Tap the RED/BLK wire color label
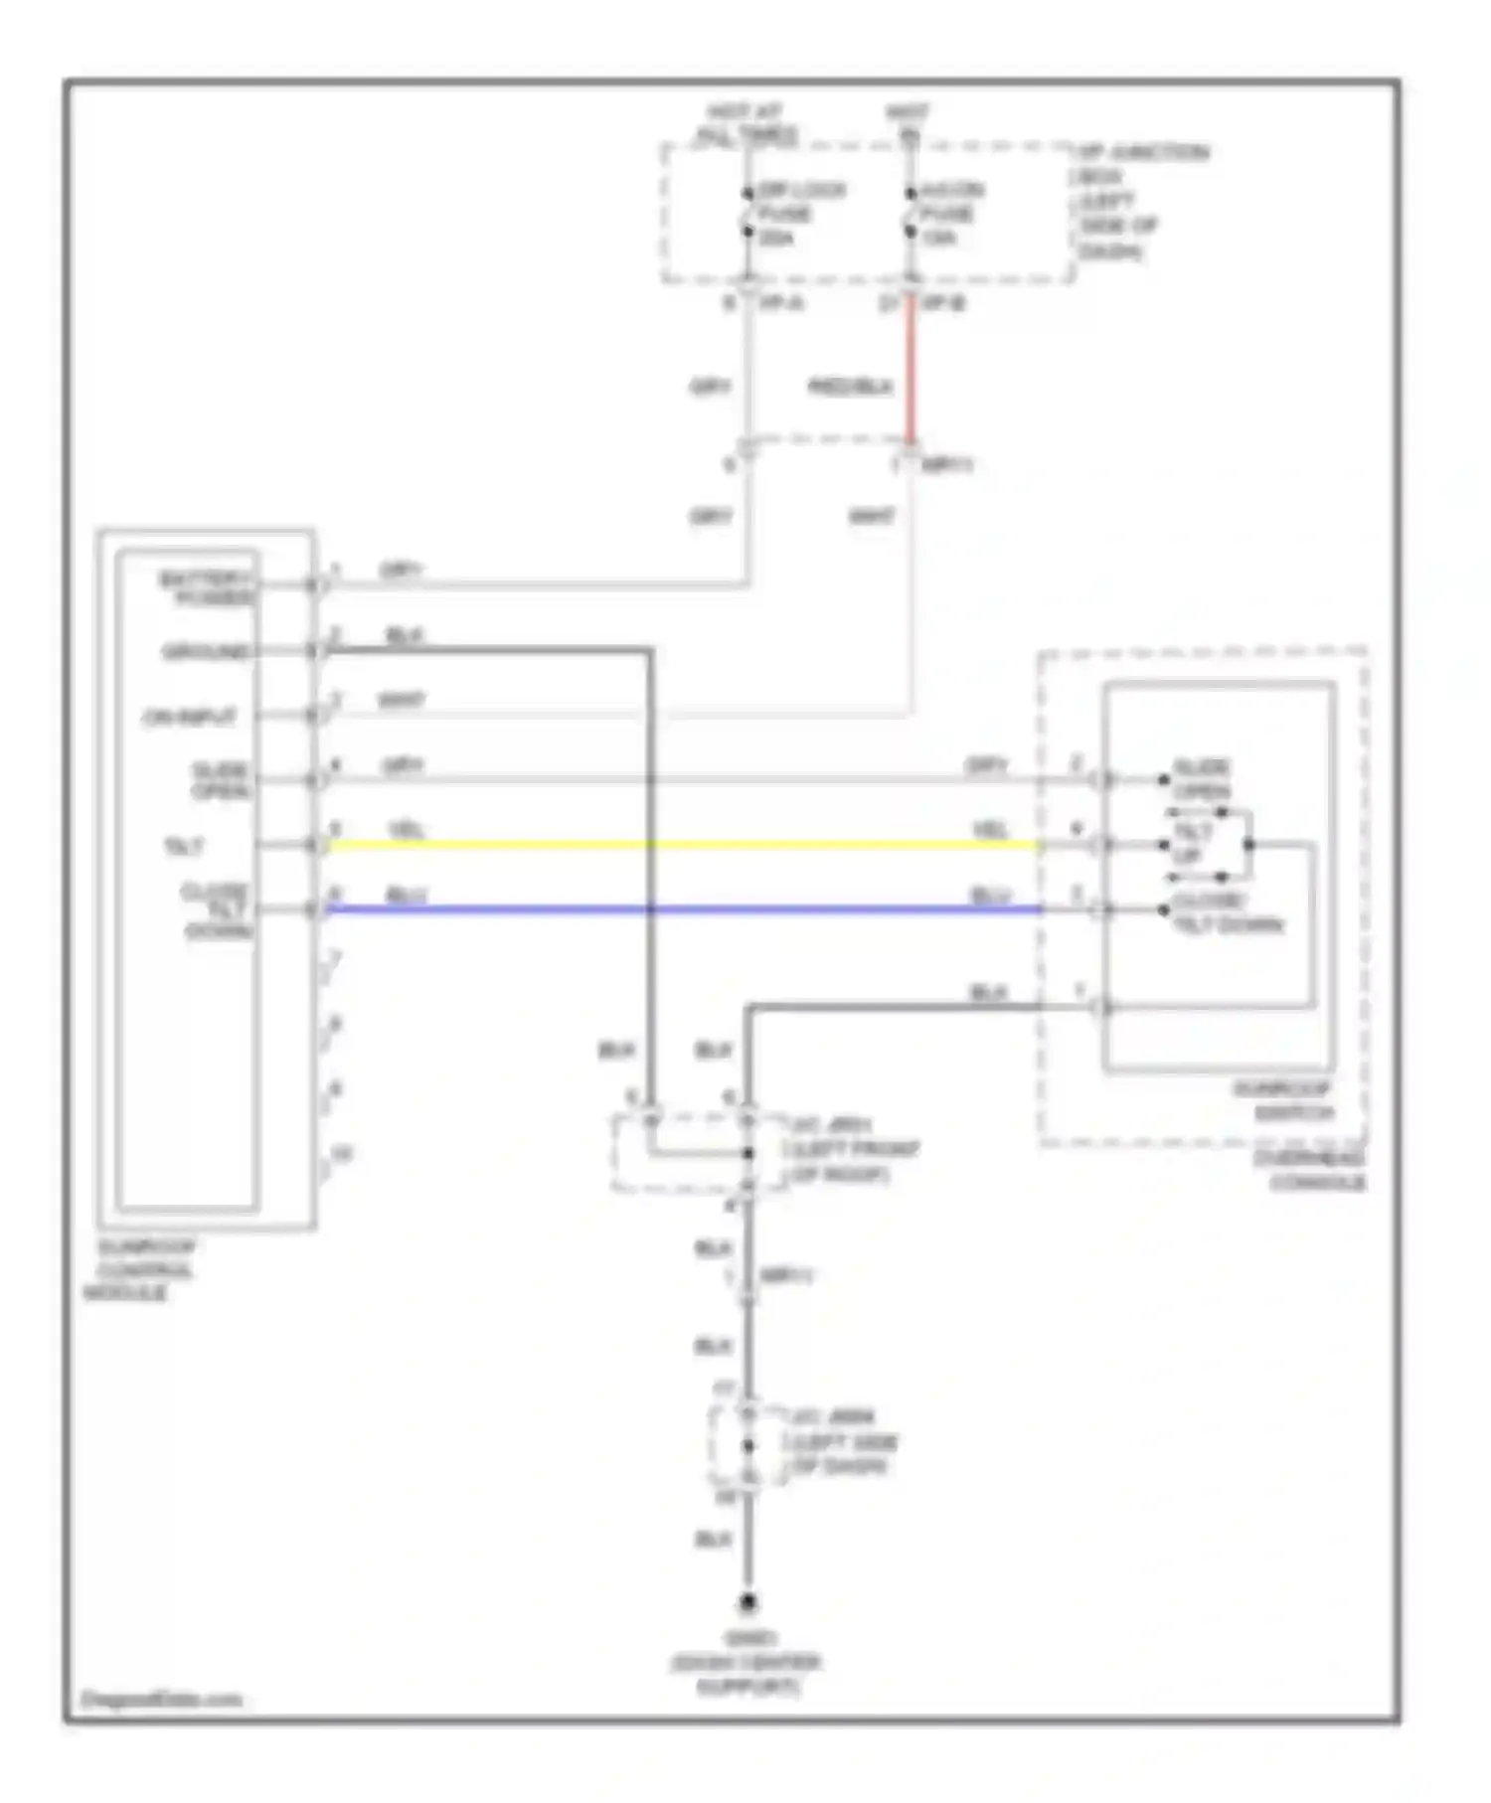coord(850,387)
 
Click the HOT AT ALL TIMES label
coord(746,124)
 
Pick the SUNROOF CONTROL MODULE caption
coord(139,1269)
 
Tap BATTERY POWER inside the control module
coord(207,587)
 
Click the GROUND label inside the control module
coord(206,652)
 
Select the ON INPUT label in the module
coord(190,717)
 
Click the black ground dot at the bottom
coord(747,1602)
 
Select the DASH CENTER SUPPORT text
coord(746,1674)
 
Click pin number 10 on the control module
coord(341,1154)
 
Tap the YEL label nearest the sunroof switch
coord(990,829)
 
